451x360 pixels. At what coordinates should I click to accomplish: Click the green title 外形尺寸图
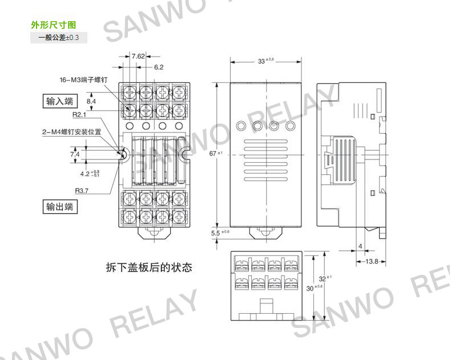click(x=53, y=26)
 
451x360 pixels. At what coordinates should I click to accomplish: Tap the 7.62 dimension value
click(x=138, y=56)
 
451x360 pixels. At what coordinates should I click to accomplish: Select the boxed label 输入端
click(x=60, y=102)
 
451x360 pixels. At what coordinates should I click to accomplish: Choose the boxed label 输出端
click(x=60, y=207)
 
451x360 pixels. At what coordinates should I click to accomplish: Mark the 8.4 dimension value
click(x=91, y=102)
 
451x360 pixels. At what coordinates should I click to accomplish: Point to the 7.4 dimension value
click(x=75, y=154)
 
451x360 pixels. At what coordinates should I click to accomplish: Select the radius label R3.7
click(x=82, y=191)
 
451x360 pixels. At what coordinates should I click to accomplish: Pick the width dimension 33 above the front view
click(x=262, y=61)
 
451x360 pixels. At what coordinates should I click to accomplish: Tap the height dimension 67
click(x=214, y=154)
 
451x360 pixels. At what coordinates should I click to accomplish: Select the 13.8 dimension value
click(x=372, y=261)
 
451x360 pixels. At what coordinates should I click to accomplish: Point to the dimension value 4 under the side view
click(x=360, y=246)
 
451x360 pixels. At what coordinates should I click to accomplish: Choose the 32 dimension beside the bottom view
click(x=323, y=279)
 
